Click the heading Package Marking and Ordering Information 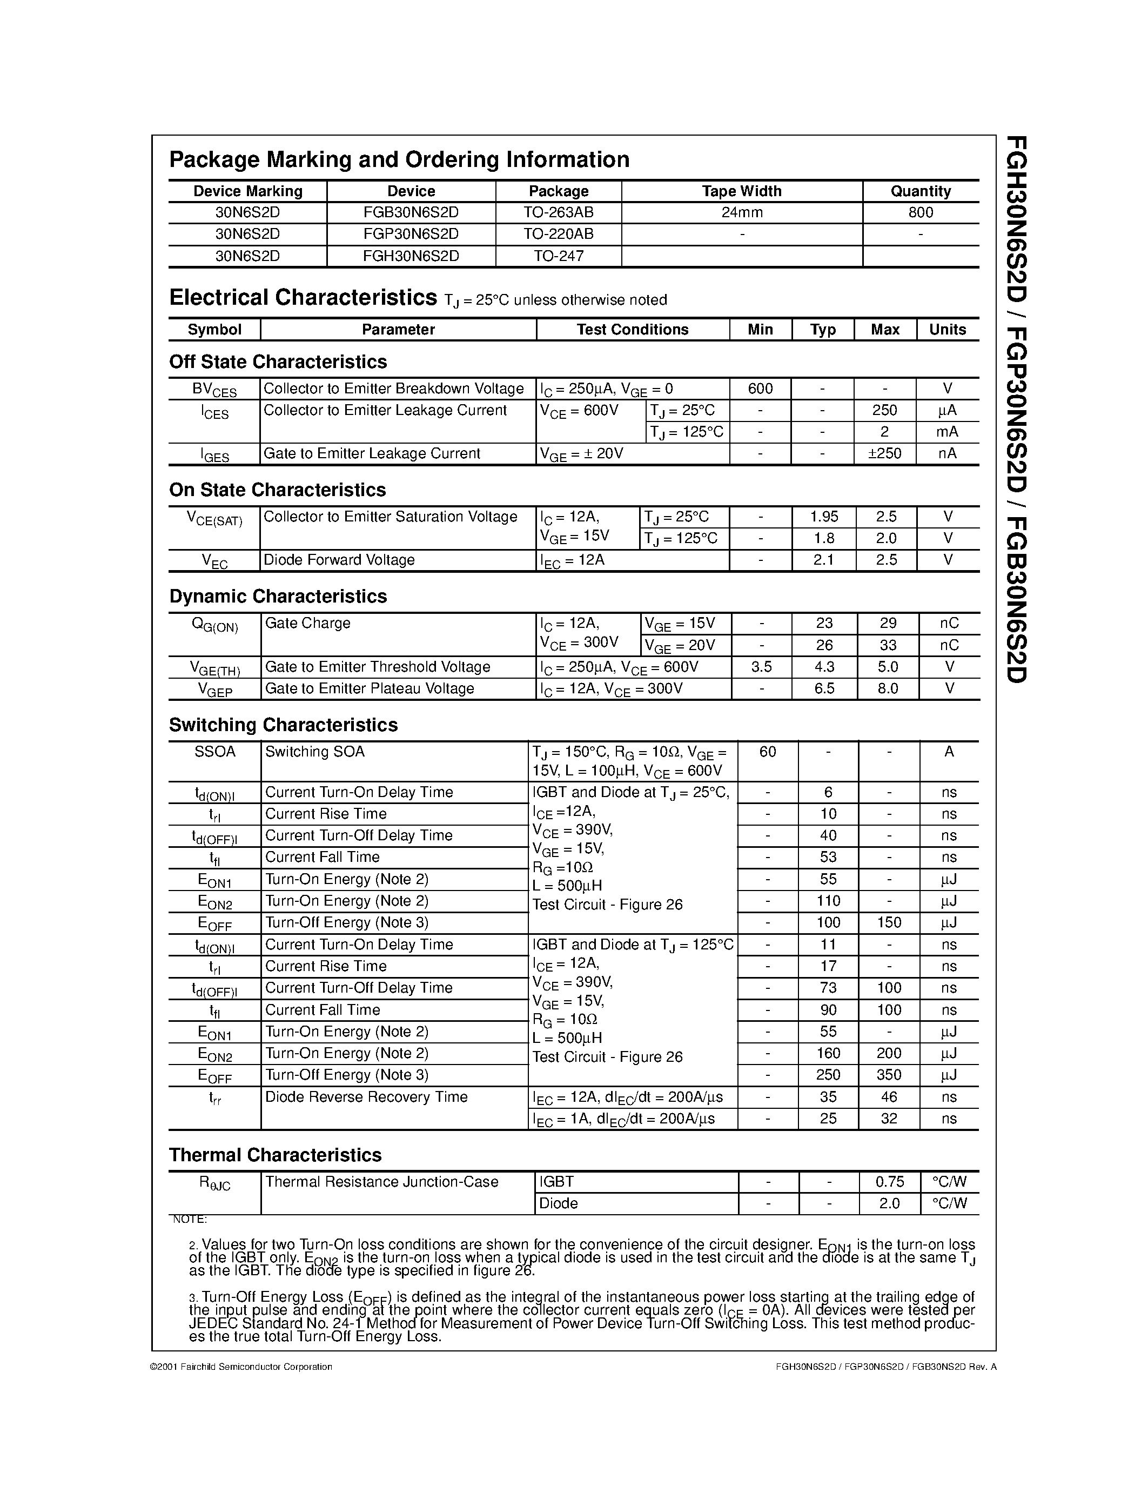pyautogui.click(x=399, y=159)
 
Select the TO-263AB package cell pyautogui.click(x=559, y=212)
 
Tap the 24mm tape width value pyautogui.click(x=741, y=212)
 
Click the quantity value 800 pyautogui.click(x=920, y=212)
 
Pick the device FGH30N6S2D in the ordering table pyautogui.click(x=411, y=256)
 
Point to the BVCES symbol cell pyautogui.click(x=214, y=389)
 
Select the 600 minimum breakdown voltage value pyautogui.click(x=760, y=389)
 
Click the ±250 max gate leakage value pyautogui.click(x=885, y=453)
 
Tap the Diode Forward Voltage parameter pyautogui.click(x=339, y=560)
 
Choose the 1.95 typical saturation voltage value pyautogui.click(x=824, y=517)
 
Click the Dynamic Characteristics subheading pyautogui.click(x=278, y=596)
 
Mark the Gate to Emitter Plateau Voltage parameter pyautogui.click(x=370, y=688)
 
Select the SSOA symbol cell pyautogui.click(x=215, y=752)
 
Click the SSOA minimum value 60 pyautogui.click(x=767, y=752)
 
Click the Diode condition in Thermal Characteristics pyautogui.click(x=559, y=1203)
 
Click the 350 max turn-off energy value pyautogui.click(x=889, y=1075)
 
